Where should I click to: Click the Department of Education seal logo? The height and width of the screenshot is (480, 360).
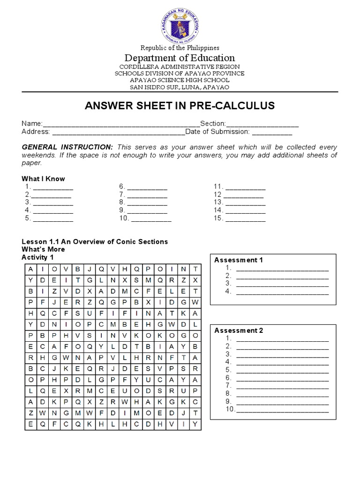click(180, 23)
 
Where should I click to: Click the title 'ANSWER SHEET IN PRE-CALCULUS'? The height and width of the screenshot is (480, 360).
click(180, 106)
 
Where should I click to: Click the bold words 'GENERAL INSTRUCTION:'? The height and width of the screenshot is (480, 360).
click(67, 147)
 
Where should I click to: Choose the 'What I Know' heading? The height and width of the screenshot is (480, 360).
click(44, 179)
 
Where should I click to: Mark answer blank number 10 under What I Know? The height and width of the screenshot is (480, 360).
click(151, 218)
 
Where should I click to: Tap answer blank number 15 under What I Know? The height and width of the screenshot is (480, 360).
click(246, 218)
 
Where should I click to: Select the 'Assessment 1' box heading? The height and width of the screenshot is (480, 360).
click(239, 260)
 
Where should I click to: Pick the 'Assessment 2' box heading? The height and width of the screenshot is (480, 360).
click(239, 330)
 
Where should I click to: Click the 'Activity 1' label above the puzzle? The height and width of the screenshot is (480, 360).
click(38, 257)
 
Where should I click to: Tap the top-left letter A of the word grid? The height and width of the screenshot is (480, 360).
click(31, 269)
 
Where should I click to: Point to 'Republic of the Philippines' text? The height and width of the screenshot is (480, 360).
click(180, 48)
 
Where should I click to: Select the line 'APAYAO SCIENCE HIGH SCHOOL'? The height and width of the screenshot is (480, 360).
click(180, 80)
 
